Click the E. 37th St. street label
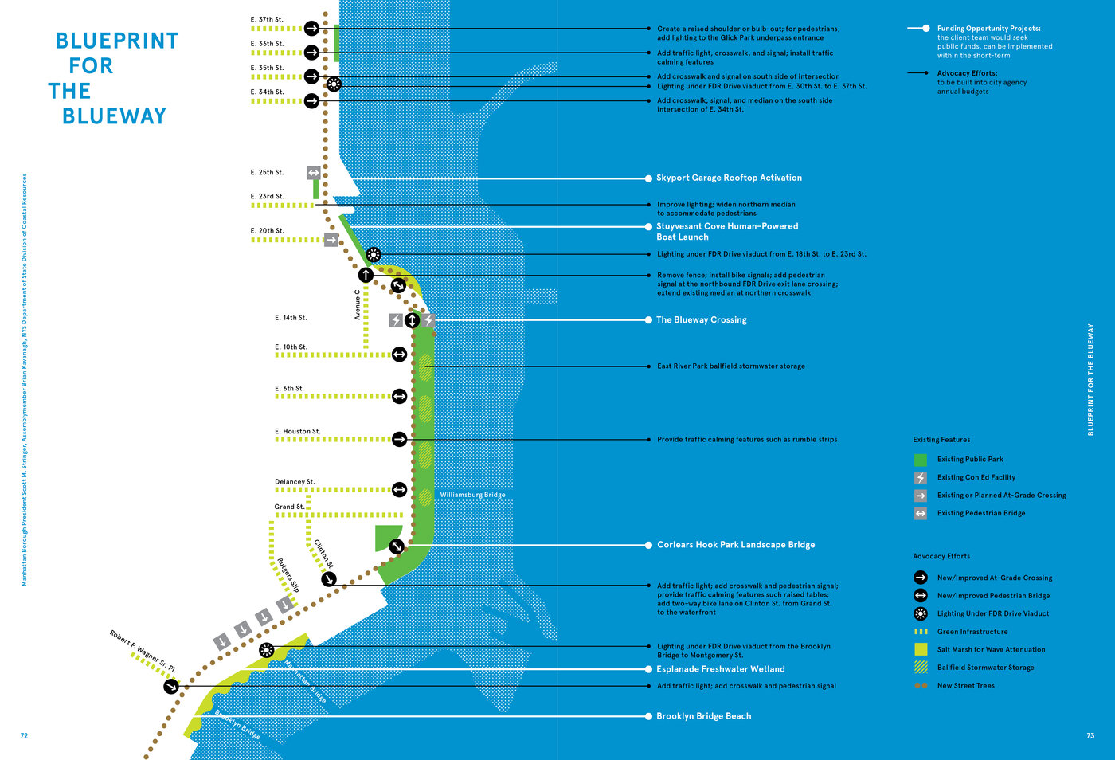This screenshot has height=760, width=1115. [x=267, y=19]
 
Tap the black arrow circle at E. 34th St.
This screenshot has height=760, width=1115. [x=311, y=101]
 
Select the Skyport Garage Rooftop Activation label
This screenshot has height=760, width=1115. [x=729, y=178]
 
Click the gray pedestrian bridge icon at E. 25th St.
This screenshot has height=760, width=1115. [x=314, y=172]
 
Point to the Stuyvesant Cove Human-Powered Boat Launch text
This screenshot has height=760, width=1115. [x=726, y=231]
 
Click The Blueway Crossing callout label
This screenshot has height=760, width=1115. [x=701, y=319]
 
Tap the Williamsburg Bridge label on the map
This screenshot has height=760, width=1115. [x=472, y=495]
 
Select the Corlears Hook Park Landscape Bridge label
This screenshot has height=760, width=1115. [x=735, y=545]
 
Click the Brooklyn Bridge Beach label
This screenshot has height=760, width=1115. [x=703, y=716]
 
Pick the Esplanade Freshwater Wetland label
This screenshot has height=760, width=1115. [x=720, y=669]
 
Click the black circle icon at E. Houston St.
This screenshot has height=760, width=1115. [x=399, y=439]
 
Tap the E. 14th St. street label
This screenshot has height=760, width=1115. [x=291, y=318]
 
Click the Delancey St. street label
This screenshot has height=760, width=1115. [x=295, y=482]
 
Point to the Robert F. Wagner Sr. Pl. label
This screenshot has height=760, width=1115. [x=143, y=651]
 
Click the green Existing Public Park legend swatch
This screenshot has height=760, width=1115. [x=921, y=460]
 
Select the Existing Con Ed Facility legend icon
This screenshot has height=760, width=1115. [x=921, y=477]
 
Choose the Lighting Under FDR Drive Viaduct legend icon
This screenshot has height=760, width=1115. [x=921, y=613]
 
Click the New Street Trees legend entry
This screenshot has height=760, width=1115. [x=965, y=685]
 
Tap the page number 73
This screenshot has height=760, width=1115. [x=1090, y=736]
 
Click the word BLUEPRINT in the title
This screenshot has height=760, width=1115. [x=117, y=41]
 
